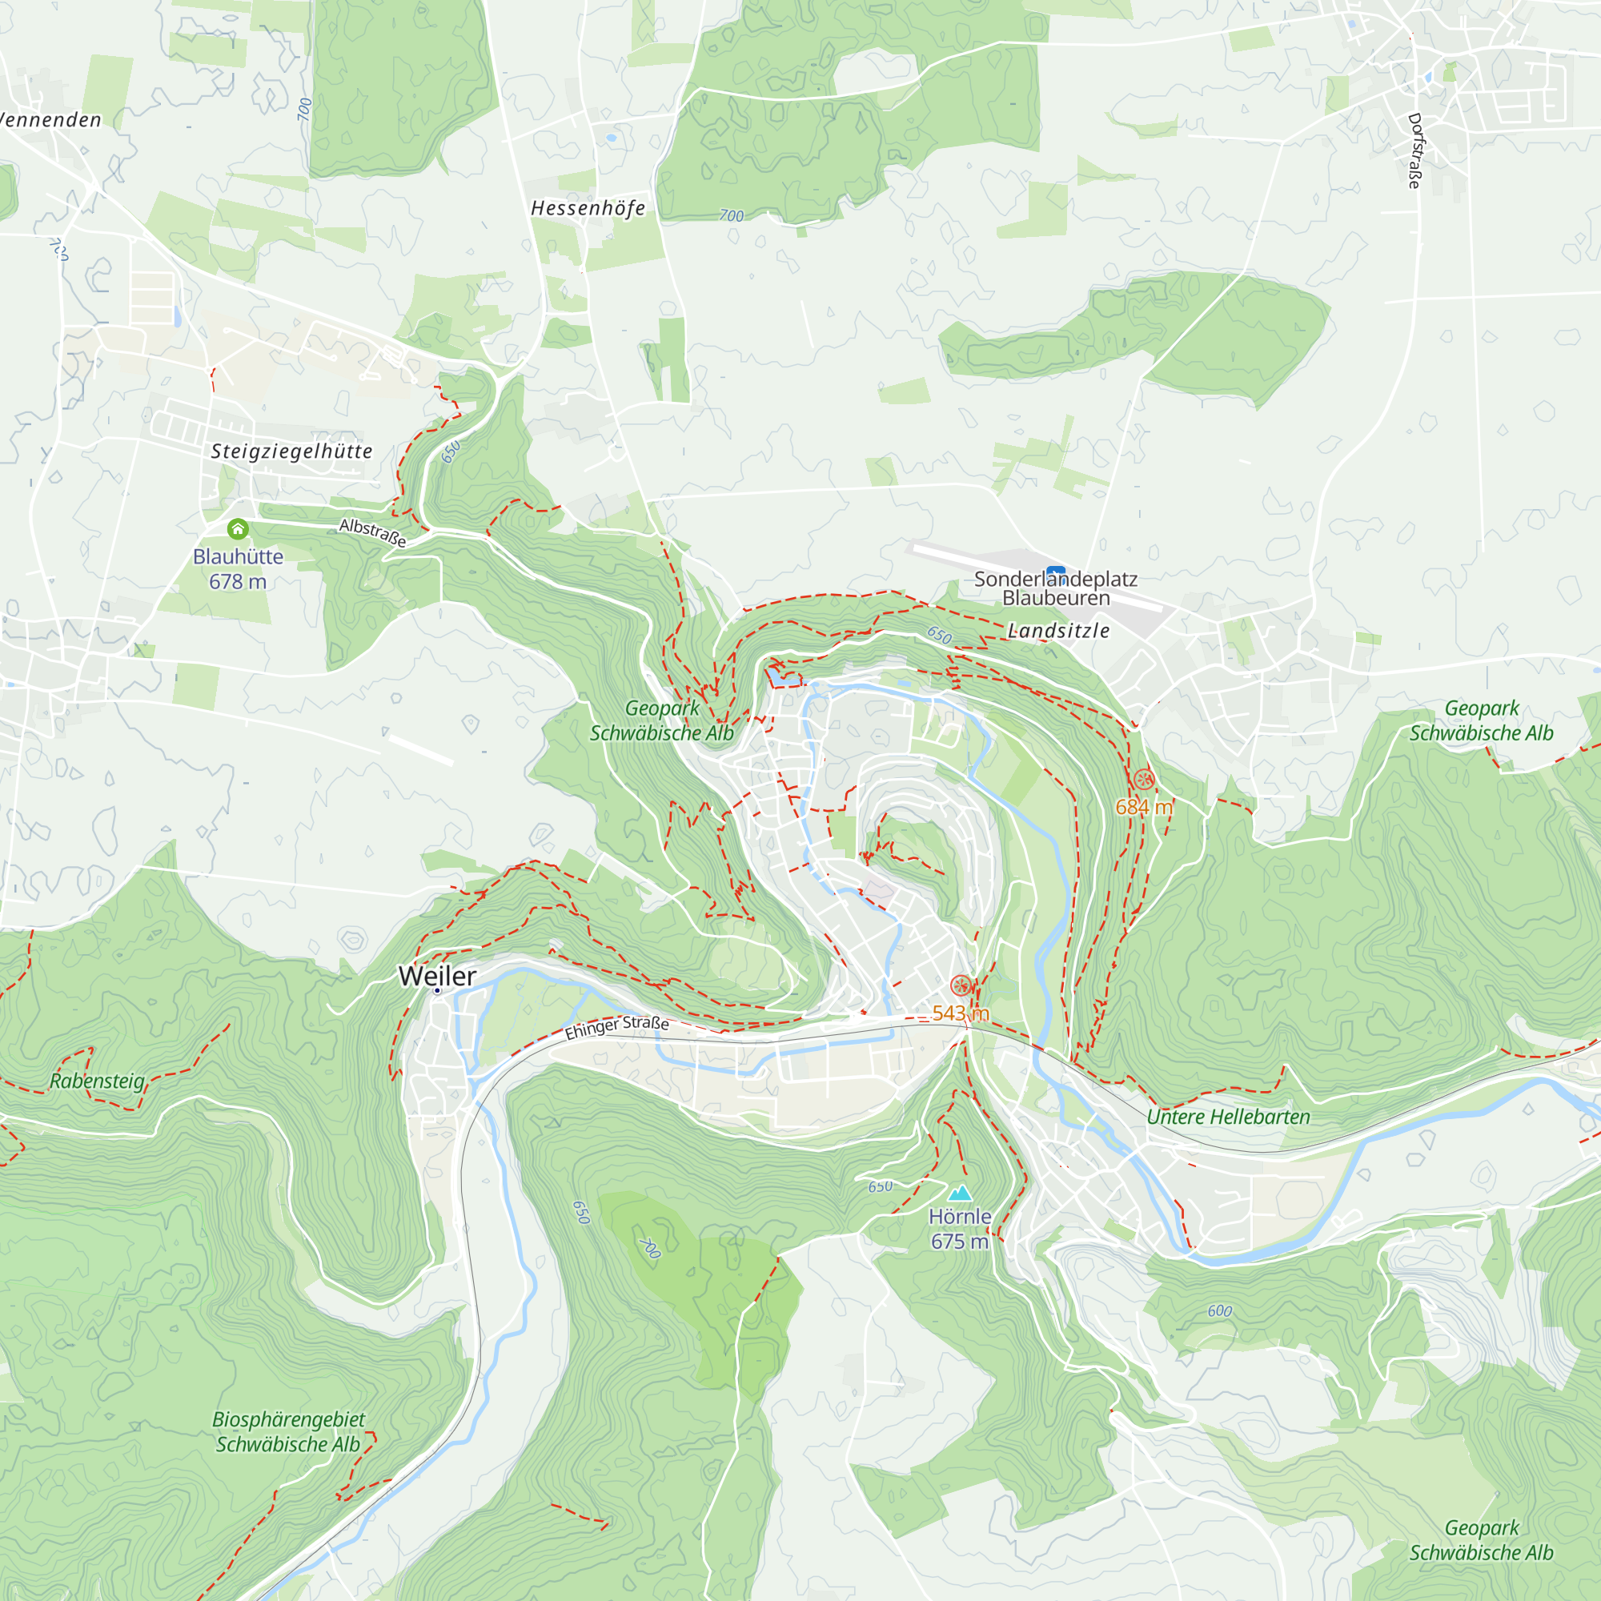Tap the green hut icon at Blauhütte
click(238, 528)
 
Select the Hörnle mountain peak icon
click(960, 1193)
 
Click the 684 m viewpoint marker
click(1144, 779)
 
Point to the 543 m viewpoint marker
click(961, 985)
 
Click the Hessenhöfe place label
click(588, 208)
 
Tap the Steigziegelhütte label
click(291, 451)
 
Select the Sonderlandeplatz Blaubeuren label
click(1055, 588)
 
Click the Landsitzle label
click(1058, 631)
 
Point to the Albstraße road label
click(373, 532)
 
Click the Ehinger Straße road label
click(616, 1027)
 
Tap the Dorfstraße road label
click(1414, 150)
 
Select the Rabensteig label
click(98, 1081)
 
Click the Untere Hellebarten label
click(1228, 1116)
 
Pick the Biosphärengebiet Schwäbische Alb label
click(288, 1431)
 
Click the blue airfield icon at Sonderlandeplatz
click(1056, 572)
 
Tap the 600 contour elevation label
click(1219, 1310)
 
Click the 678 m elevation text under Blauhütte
click(238, 582)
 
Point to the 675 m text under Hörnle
click(960, 1242)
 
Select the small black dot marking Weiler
click(437, 990)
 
